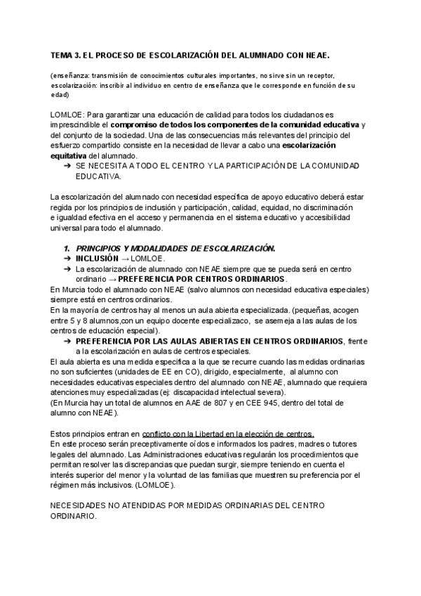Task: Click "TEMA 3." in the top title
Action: (x=66, y=54)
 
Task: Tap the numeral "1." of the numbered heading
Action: (x=67, y=249)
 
